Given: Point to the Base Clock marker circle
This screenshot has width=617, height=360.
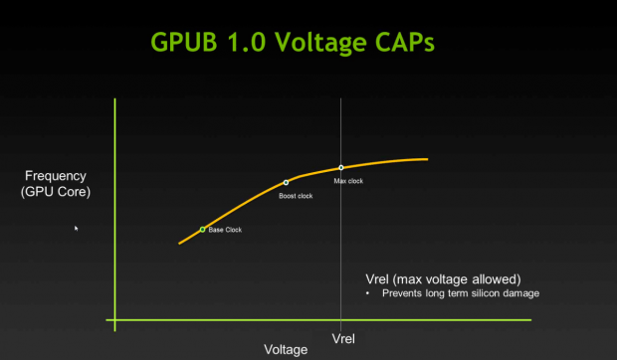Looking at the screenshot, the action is (203, 230).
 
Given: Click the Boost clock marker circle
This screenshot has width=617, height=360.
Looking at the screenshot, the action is (287, 182).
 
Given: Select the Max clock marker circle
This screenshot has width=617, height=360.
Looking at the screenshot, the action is (341, 168).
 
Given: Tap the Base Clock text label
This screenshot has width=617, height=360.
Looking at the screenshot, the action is (225, 231).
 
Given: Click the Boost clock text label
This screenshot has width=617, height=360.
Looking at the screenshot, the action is (296, 196).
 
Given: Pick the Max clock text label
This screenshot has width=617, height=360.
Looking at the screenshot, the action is (350, 182).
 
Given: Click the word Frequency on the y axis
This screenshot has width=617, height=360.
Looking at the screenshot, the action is (56, 177).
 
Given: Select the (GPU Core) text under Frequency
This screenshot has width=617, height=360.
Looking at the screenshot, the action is (56, 192).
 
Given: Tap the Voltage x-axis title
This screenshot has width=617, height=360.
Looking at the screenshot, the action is (286, 349).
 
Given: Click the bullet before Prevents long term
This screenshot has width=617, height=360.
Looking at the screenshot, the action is (369, 293).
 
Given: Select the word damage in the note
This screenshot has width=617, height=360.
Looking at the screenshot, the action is (522, 293).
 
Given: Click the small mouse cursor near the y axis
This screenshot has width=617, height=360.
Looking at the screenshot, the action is (77, 229).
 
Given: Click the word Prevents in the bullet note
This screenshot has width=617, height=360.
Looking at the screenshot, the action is (400, 293).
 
